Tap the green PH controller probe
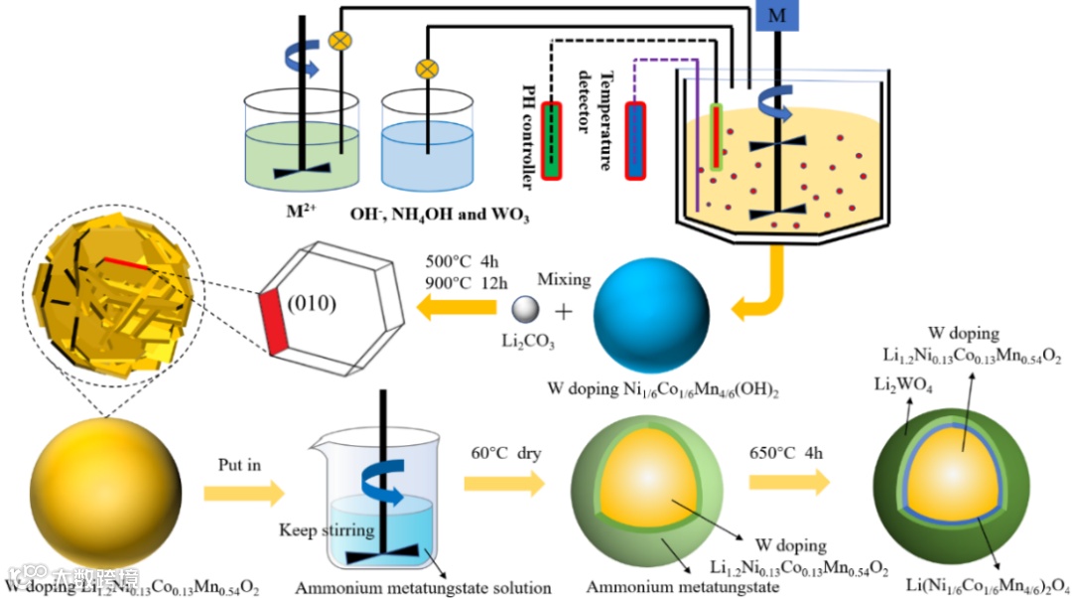(551, 138)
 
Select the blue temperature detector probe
(635, 139)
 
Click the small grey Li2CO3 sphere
(526, 310)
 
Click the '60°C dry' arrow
(504, 484)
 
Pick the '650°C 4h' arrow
(788, 483)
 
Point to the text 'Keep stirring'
(326, 529)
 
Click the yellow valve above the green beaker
(340, 41)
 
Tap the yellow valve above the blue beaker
(427, 69)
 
